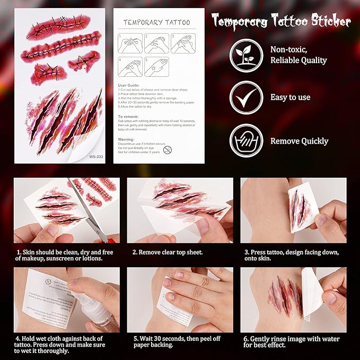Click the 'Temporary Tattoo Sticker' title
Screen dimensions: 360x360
282,22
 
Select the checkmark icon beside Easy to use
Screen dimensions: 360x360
246,98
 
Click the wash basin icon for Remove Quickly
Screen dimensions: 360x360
246,141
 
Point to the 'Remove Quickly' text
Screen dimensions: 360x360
299,141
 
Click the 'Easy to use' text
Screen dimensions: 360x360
290,97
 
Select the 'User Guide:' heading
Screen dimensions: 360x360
129,85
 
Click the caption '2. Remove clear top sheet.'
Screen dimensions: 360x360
168,253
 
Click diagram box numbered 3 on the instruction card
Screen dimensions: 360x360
182,43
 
